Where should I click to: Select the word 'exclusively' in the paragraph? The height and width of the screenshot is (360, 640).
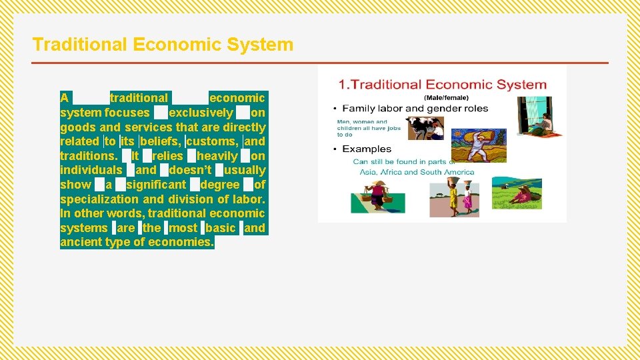pyautogui.click(x=201, y=113)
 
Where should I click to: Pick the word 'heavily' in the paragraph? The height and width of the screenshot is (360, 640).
pyautogui.click(x=217, y=156)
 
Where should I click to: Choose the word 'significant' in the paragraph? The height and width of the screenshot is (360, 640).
pyautogui.click(x=156, y=185)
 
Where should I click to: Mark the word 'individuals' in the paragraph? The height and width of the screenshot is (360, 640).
pyautogui.click(x=91, y=170)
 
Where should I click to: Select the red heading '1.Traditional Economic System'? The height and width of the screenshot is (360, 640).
pyautogui.click(x=442, y=85)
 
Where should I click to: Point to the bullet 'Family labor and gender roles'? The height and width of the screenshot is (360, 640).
pyautogui.click(x=415, y=109)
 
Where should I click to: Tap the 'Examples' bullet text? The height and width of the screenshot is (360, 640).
pyautogui.click(x=367, y=149)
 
